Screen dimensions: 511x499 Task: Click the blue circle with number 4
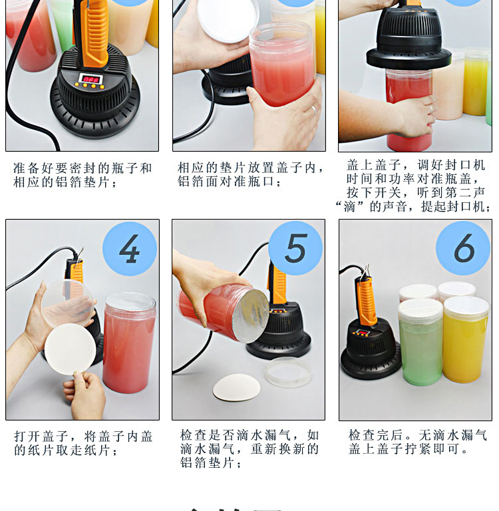point(130,249)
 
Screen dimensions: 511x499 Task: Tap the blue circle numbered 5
point(295,248)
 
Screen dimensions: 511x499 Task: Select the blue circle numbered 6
point(463,248)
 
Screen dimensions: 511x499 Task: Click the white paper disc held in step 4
point(70,349)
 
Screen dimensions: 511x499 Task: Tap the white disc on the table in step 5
point(236,387)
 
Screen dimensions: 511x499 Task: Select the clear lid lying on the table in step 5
point(287,371)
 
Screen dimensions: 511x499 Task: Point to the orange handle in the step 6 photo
point(365,301)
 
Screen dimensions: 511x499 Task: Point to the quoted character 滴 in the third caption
point(350,207)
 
